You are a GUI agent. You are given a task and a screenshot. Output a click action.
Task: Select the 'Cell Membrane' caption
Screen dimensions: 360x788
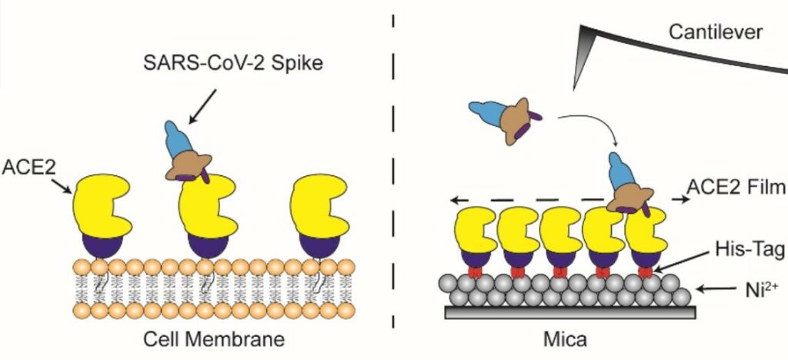coord(210,339)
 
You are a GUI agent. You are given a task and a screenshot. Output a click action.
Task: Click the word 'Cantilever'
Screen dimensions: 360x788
coord(716,32)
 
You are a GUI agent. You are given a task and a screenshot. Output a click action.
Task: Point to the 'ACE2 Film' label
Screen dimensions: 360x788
coord(735,190)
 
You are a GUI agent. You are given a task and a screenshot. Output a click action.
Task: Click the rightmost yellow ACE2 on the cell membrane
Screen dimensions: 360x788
coord(321,204)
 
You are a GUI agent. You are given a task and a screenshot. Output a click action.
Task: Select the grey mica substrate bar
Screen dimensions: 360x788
coord(570,312)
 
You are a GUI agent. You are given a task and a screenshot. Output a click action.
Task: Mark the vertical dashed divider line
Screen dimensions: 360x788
coord(393,177)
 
